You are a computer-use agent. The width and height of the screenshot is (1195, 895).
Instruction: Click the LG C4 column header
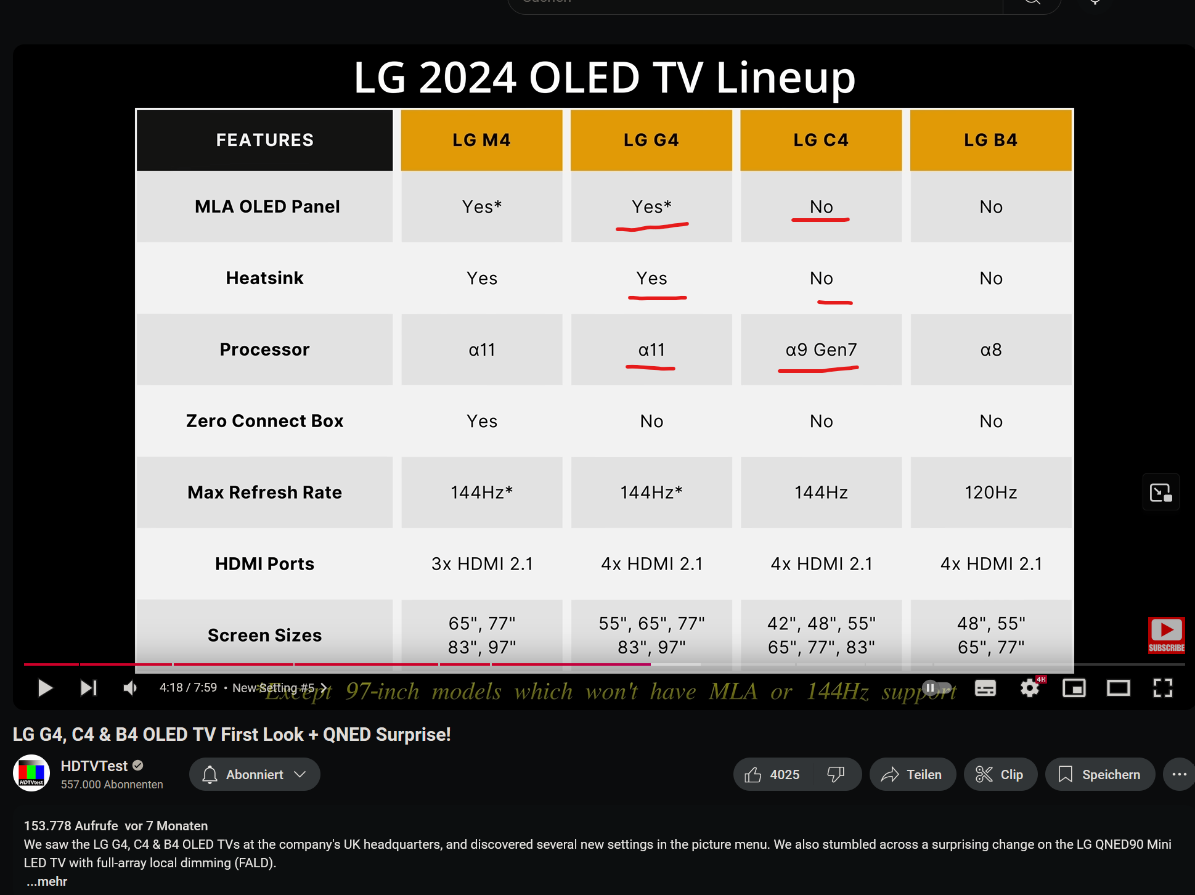[x=820, y=140]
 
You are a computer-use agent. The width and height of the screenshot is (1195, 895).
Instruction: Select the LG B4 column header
[x=990, y=140]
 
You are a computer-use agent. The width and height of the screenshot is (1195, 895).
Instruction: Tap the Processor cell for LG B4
[x=990, y=349]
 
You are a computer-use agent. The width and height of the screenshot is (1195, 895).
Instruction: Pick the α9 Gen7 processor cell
[x=820, y=349]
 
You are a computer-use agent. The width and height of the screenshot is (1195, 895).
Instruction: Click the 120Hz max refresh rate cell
[x=990, y=492]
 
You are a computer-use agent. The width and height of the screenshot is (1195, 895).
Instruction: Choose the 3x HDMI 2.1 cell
[x=482, y=563]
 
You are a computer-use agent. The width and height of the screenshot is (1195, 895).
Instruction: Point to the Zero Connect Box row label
[x=264, y=420]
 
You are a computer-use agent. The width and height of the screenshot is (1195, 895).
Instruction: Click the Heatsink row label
[x=264, y=278]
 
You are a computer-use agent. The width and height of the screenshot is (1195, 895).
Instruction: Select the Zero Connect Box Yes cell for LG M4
[x=482, y=421]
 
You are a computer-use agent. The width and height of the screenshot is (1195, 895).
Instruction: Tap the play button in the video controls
[x=44, y=688]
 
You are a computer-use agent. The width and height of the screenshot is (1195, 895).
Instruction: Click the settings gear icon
[x=1030, y=688]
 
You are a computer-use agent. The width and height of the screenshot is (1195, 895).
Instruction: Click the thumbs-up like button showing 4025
[x=773, y=774]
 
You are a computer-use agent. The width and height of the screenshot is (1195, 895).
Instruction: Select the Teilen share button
[x=912, y=774]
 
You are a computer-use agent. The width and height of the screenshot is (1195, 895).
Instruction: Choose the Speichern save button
[x=1099, y=774]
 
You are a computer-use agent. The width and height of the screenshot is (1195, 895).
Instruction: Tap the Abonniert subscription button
[x=254, y=774]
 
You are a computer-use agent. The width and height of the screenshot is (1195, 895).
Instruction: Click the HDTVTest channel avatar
[x=31, y=773]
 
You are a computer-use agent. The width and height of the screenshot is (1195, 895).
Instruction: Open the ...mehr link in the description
[x=47, y=881]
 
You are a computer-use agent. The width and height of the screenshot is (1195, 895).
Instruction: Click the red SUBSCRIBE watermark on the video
[x=1166, y=635]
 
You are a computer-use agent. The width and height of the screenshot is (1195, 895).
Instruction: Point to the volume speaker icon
[x=130, y=688]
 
